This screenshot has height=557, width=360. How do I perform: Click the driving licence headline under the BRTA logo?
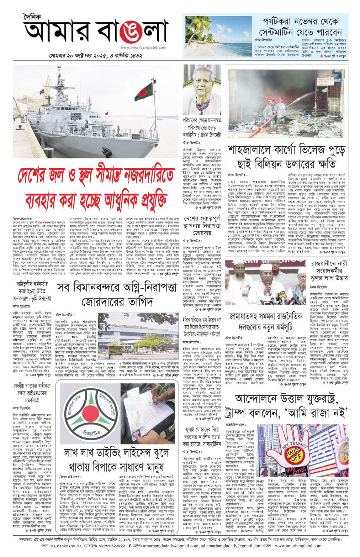(113, 459)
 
